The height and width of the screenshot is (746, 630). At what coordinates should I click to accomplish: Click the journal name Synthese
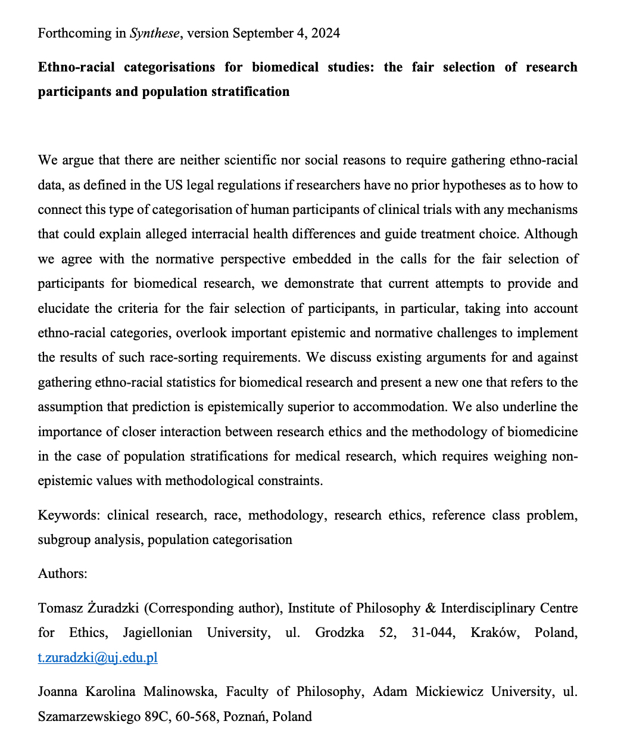click(x=155, y=33)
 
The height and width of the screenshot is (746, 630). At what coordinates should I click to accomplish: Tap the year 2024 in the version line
click(x=325, y=33)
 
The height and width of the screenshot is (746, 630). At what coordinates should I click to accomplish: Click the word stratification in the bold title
click(x=245, y=91)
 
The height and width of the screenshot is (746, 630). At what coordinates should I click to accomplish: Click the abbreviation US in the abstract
click(x=170, y=185)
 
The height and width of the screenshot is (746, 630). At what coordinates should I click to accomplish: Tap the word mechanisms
click(x=541, y=210)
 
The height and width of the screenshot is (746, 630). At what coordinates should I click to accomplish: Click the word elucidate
click(x=64, y=308)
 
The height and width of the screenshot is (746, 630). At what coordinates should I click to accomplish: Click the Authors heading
click(x=63, y=573)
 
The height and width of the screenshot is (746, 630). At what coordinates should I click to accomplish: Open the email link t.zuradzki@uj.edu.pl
click(x=98, y=657)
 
